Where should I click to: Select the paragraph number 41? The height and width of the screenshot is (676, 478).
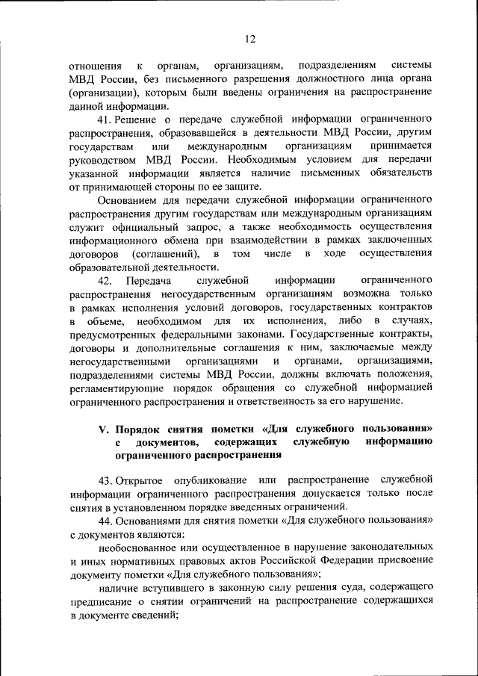point(105,120)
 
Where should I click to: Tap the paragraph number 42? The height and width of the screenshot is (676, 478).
point(105,280)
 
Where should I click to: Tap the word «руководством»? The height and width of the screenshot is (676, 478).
point(104,159)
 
